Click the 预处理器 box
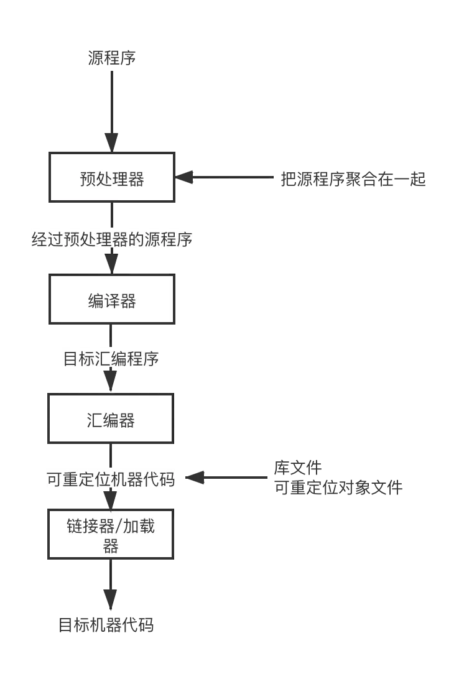pos(112,178)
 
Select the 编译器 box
pos(112,302)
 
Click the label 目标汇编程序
pos(111,359)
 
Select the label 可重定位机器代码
pos(111,479)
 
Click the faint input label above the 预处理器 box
pos(111,59)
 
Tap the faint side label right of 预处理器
pos(352,179)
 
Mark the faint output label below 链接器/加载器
pos(107,626)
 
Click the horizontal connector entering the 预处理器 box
pos(230,178)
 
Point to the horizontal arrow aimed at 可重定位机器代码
pos(230,479)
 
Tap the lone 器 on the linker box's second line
pos(111,547)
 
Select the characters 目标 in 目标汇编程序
pos(80,359)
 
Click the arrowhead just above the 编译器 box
pos(112,262)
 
